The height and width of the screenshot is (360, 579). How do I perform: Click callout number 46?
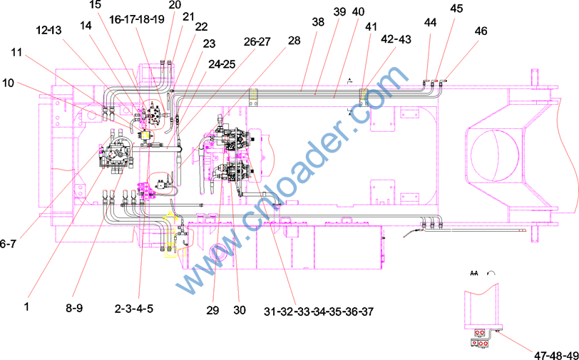(481, 31)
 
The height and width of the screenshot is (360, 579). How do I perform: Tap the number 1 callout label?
(26, 307)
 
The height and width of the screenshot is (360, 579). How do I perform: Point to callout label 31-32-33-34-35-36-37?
(318, 312)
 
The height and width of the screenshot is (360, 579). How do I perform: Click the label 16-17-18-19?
(137, 19)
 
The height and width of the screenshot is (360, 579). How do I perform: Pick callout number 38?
(317, 22)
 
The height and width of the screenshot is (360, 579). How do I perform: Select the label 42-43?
(397, 39)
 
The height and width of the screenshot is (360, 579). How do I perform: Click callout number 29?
(212, 310)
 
